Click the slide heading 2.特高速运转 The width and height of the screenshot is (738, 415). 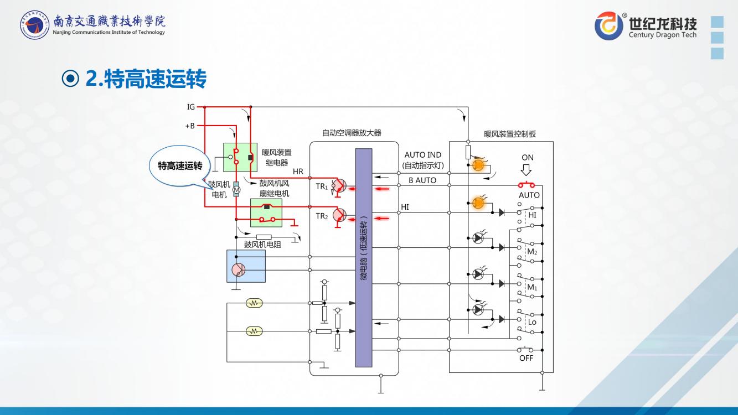pos(146,79)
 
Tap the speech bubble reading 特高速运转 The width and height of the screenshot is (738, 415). pos(180,165)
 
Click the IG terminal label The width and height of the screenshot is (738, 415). pos(190,107)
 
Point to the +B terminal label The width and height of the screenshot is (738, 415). pos(190,126)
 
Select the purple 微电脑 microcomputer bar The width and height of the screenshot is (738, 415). pos(364,257)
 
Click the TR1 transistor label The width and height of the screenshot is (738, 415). pos(321,186)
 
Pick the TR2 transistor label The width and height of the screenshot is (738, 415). pos(321,216)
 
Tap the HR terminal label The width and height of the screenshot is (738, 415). pos(298,172)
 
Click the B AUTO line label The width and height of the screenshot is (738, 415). pos(422,180)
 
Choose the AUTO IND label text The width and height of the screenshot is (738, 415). pos(422,155)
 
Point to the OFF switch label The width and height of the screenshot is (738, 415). pos(527,358)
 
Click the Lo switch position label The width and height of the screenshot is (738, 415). pos(532,322)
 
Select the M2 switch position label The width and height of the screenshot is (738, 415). pos(532,252)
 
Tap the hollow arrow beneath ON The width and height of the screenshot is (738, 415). pos(528,171)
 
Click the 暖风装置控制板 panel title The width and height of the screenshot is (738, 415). pos(509,134)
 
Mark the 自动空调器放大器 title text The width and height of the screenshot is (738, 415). pos(352,133)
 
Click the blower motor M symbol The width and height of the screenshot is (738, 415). pos(236,190)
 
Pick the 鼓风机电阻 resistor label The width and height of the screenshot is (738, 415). pos(262,244)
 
